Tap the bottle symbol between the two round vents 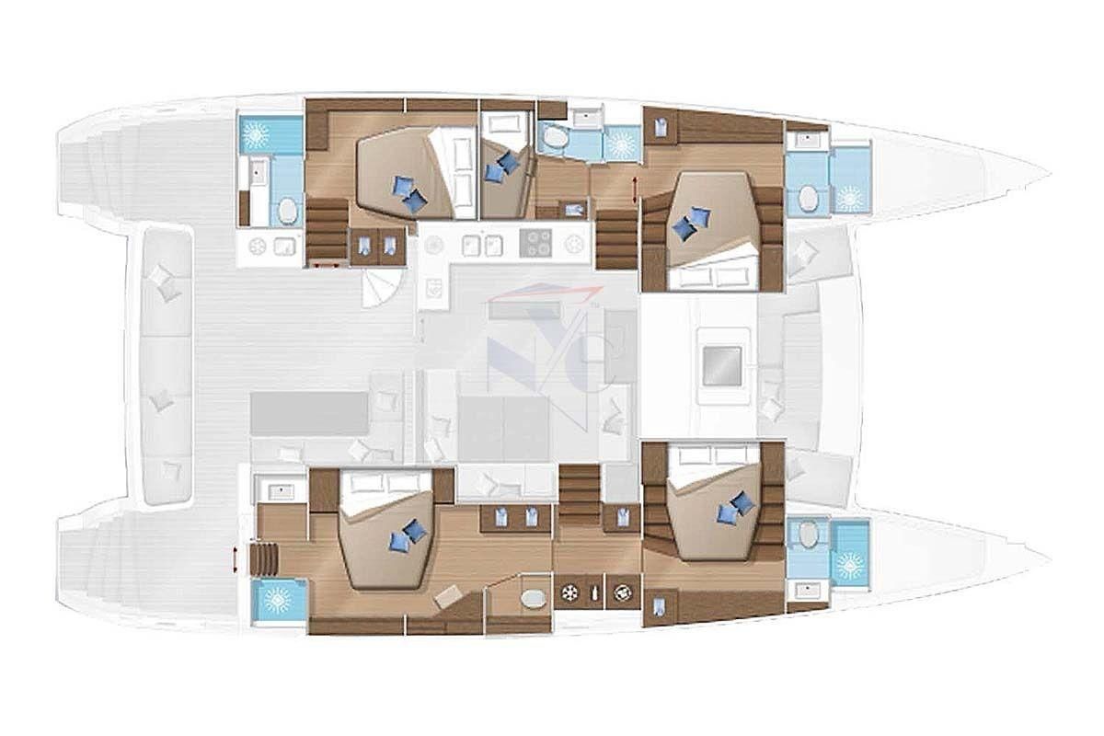coord(596,593)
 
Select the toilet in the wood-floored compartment coord(533,599)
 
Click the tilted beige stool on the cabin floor coord(451,595)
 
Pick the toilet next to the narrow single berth coord(556,138)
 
